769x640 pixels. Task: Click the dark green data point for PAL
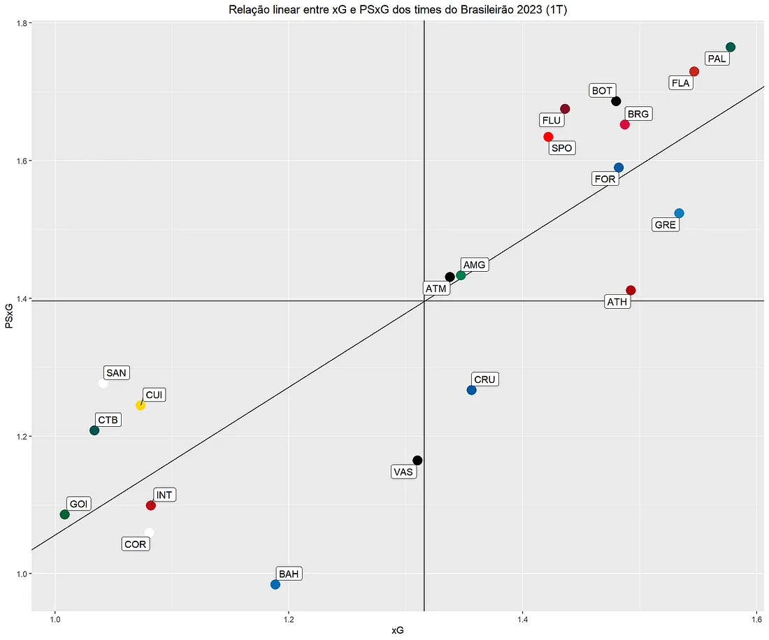tap(731, 47)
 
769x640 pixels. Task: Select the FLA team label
tap(680, 83)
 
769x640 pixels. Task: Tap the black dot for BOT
tap(616, 101)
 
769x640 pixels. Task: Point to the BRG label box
tap(638, 114)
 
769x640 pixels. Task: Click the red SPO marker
tap(548, 137)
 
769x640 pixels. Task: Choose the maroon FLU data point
tap(565, 109)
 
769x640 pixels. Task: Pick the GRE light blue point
tap(679, 213)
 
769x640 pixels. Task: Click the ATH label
tap(617, 302)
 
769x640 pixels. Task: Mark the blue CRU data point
tap(471, 390)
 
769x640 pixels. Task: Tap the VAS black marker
tap(417, 460)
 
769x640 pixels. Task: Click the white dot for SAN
tap(103, 383)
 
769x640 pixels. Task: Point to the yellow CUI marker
tap(140, 405)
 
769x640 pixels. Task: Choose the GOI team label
tap(79, 504)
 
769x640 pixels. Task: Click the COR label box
tap(135, 544)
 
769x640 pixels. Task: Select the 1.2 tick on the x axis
tap(288, 619)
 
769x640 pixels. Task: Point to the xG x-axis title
tap(397, 630)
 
